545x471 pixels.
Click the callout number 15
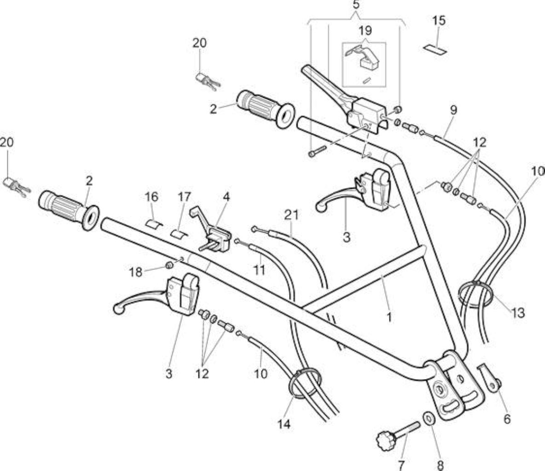point(439,21)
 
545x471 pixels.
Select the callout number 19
point(365,30)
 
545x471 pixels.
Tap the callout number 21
point(291,215)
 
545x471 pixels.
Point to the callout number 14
point(284,424)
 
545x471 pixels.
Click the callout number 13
point(517,313)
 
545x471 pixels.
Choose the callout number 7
point(401,465)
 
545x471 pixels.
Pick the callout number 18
point(135,272)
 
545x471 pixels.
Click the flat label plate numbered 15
point(435,49)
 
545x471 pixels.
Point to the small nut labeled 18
point(169,265)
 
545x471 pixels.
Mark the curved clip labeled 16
point(154,224)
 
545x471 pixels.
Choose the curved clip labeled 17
point(179,234)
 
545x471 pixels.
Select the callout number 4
point(226,196)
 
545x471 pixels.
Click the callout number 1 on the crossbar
point(389,317)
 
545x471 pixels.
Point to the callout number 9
point(453,110)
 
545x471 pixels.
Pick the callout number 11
point(259,270)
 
